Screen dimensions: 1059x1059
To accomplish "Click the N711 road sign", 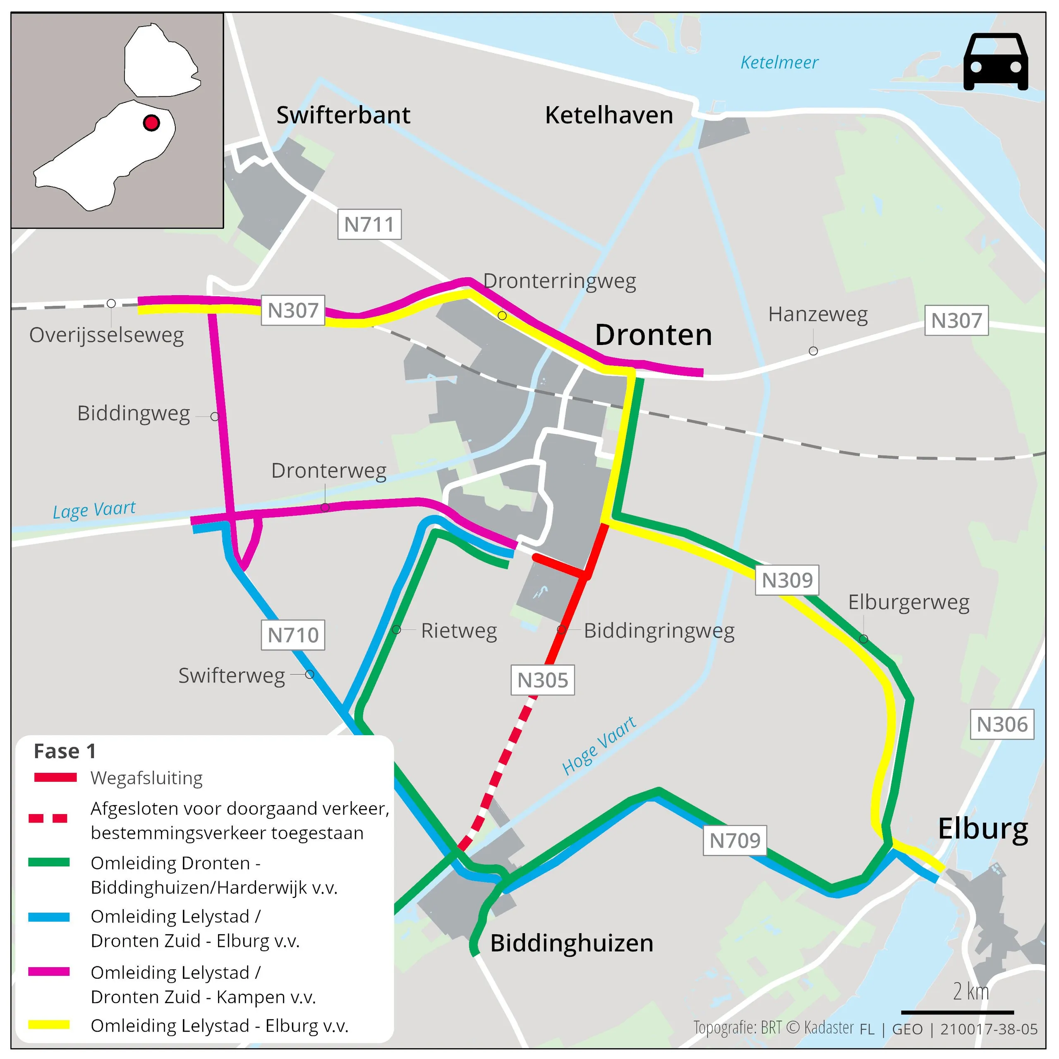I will tap(369, 224).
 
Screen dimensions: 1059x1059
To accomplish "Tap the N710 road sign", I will tap(293, 635).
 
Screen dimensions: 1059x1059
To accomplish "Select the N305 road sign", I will tap(543, 680).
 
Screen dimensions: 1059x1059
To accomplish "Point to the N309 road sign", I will tap(787, 580).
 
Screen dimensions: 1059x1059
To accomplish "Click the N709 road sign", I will tap(735, 840).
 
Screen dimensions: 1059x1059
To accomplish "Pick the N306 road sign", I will tap(1001, 724).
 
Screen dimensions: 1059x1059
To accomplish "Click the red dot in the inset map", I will tap(151, 123).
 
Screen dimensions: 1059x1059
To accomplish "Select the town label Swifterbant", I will tap(343, 115).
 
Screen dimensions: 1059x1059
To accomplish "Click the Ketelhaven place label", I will tap(609, 115).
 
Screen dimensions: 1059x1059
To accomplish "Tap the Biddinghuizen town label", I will tap(572, 943).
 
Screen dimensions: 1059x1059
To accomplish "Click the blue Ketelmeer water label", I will tap(779, 62).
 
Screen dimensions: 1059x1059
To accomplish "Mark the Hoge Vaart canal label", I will tap(599, 745).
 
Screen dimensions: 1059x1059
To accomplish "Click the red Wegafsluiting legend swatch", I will tap(55, 777).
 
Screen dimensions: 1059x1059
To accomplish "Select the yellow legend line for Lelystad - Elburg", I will tap(49, 1025).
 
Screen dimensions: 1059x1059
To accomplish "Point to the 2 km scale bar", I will tap(957, 1012).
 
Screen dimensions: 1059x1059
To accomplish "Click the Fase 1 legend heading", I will tap(65, 751).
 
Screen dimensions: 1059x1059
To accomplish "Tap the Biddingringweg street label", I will tap(659, 630).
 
